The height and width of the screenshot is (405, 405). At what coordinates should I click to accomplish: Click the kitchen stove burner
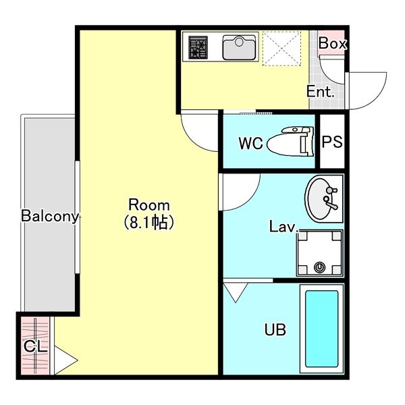tap(198, 47)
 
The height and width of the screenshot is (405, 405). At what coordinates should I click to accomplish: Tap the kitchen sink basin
tap(239, 47)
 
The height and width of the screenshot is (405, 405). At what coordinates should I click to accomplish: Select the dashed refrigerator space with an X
tap(281, 49)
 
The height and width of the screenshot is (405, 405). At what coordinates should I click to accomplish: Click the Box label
tap(332, 43)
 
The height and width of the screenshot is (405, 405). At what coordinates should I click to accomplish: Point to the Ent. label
tap(320, 91)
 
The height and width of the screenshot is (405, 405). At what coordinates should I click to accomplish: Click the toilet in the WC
tap(290, 141)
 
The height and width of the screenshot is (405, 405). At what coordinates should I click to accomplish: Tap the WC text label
tap(250, 143)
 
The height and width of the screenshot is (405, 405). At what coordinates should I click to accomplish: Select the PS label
tap(332, 142)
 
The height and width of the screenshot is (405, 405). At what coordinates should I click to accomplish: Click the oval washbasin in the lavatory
tap(321, 198)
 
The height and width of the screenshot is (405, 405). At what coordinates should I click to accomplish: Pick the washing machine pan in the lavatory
tap(319, 253)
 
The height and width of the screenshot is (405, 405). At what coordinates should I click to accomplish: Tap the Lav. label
tap(283, 227)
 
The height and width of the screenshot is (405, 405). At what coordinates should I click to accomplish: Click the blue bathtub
tap(321, 329)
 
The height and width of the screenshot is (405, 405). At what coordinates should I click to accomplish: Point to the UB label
tap(275, 329)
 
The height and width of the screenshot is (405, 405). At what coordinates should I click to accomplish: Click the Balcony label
tap(50, 216)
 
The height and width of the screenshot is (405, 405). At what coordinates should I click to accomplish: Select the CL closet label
tap(36, 346)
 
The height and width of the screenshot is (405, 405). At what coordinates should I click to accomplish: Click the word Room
tap(149, 205)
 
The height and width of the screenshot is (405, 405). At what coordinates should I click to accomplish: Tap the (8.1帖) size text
tap(148, 222)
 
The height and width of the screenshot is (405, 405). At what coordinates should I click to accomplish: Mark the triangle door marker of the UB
tap(236, 292)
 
